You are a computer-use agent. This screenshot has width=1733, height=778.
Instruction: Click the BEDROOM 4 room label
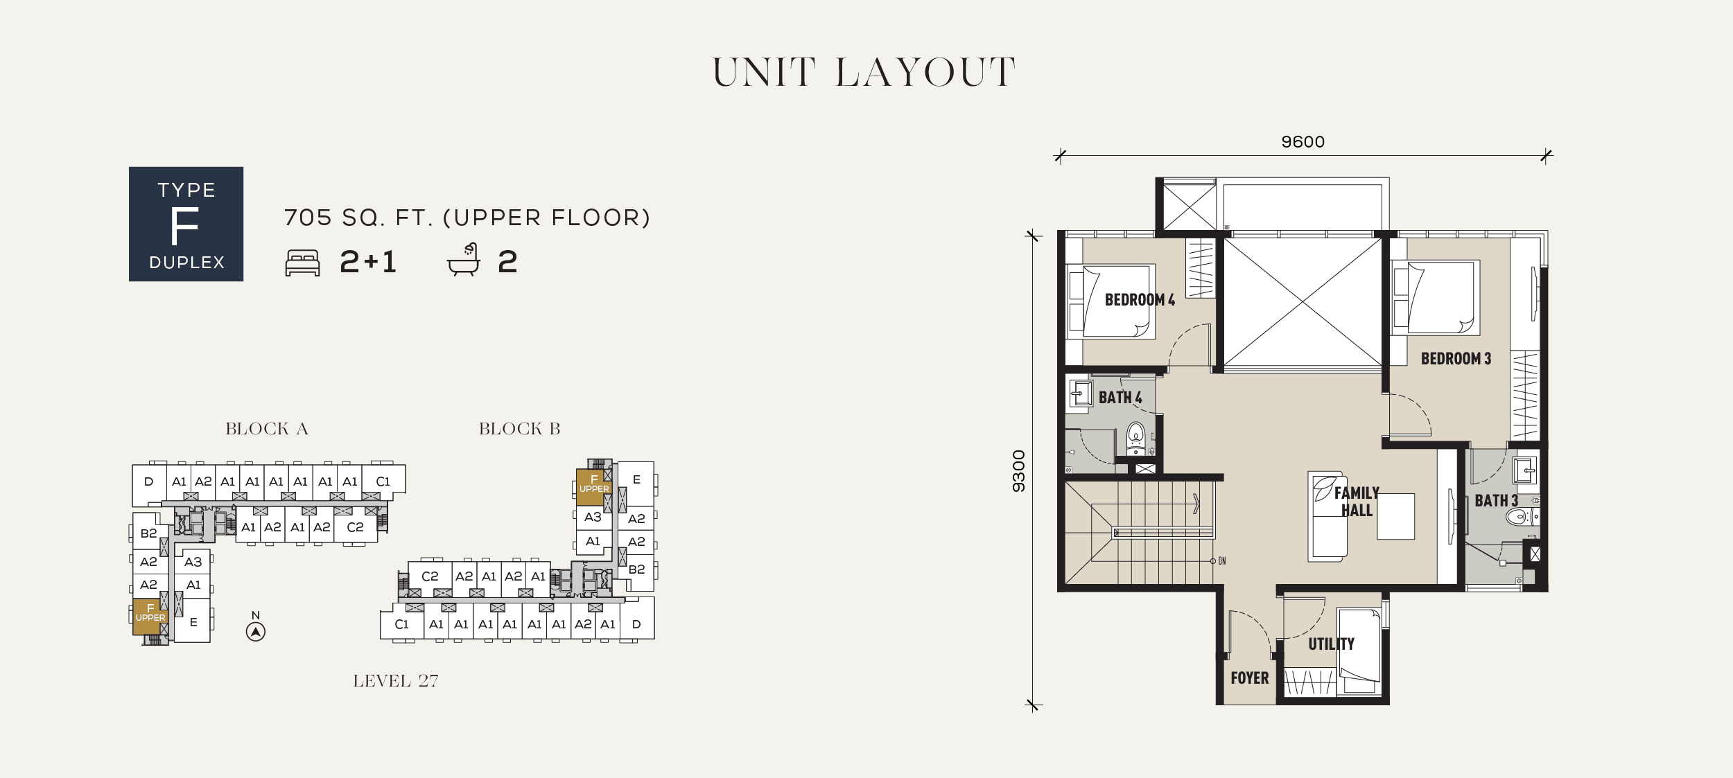click(1140, 300)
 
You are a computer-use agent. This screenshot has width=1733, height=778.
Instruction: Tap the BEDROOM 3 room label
click(1456, 359)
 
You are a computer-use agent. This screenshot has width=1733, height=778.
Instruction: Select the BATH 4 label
click(1120, 398)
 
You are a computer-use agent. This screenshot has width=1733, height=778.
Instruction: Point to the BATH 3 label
click(1497, 501)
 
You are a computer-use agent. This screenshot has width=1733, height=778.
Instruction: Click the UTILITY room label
click(1331, 644)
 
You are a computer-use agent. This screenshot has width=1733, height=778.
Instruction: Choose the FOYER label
click(1250, 678)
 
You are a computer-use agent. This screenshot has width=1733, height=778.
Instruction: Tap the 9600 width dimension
click(1303, 142)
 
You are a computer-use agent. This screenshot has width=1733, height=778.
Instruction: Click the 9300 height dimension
click(1018, 471)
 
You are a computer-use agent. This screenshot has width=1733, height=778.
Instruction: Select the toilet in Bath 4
click(1135, 439)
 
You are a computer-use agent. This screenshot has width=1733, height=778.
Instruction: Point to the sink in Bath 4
click(1080, 394)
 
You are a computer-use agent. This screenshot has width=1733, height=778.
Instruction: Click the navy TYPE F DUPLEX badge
click(186, 224)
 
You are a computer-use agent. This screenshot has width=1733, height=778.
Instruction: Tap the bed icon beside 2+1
click(302, 263)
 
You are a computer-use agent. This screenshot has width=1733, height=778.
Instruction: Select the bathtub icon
click(464, 260)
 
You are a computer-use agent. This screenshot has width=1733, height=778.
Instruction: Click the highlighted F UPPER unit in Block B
click(593, 487)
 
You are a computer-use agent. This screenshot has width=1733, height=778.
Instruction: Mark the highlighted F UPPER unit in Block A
click(150, 617)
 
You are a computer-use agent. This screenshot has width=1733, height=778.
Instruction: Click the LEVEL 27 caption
click(396, 681)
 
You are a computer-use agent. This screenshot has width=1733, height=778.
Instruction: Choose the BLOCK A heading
click(267, 429)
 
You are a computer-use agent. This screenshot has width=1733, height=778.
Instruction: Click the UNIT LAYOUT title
click(864, 73)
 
